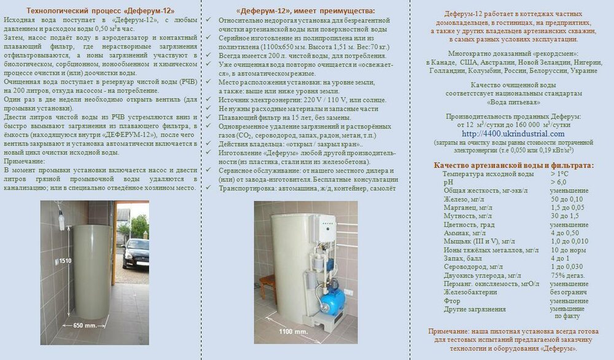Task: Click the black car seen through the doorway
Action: pyautogui.click(x=136, y=252)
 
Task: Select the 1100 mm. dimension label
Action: pyautogui.click(x=293, y=331)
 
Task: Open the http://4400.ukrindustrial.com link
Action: pyautogui.click(x=513, y=133)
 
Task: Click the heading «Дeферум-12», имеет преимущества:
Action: pyautogui.click(x=305, y=11)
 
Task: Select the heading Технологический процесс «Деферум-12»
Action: pyautogui.click(x=100, y=11)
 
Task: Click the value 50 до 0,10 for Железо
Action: pyautogui.click(x=567, y=200)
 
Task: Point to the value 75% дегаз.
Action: pyautogui.click(x=567, y=276)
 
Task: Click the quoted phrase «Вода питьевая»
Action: pyautogui.click(x=513, y=103)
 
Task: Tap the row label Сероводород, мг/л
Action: pyautogui.click(x=473, y=267)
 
